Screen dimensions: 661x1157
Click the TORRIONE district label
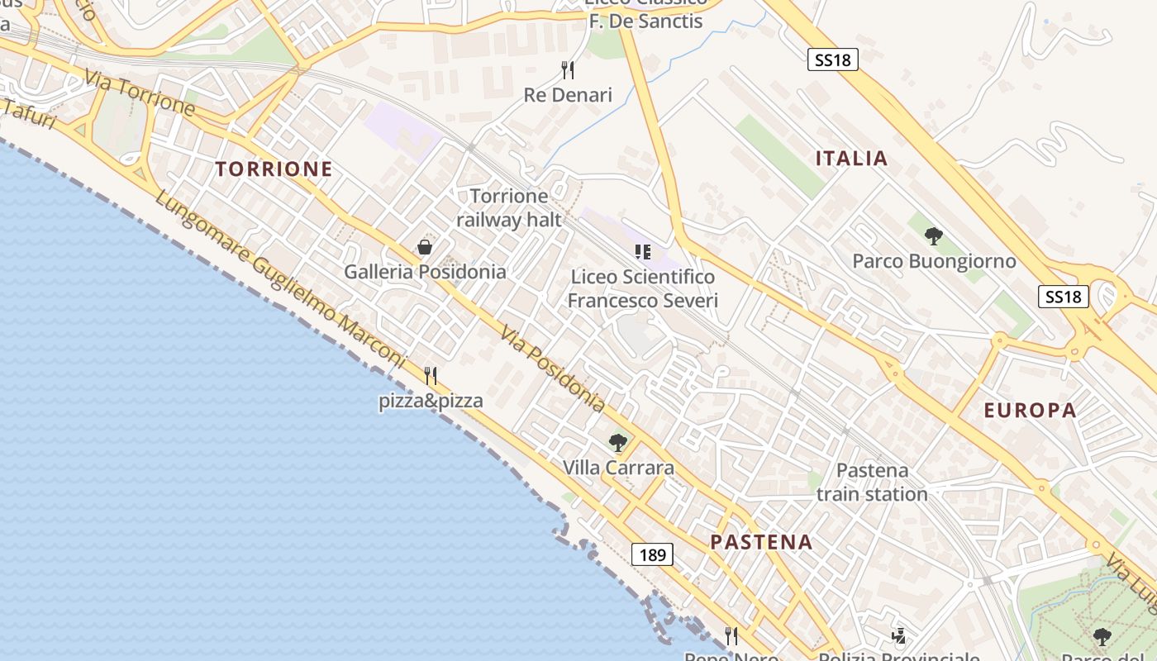pos(274,169)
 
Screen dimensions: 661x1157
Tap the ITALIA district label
pos(851,159)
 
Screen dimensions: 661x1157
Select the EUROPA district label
pos(1030,411)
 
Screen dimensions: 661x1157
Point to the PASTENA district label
pos(761,543)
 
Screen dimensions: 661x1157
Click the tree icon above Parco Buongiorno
pos(934,236)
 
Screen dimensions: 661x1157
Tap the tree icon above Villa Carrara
pos(617,443)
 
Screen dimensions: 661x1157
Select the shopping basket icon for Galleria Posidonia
pos(425,247)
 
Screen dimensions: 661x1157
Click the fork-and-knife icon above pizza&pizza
pos(431,376)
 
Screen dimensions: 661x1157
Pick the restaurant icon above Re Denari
pos(568,69)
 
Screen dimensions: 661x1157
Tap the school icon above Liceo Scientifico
pos(642,251)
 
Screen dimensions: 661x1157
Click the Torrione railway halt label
pos(509,207)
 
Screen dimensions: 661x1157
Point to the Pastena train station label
pos(872,482)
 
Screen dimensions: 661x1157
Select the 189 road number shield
pos(652,554)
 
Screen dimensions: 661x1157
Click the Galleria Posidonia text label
pos(425,271)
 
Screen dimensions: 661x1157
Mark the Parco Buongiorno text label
pos(934,261)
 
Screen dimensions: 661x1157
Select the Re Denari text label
pos(568,95)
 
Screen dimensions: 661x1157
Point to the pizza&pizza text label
pos(431,402)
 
